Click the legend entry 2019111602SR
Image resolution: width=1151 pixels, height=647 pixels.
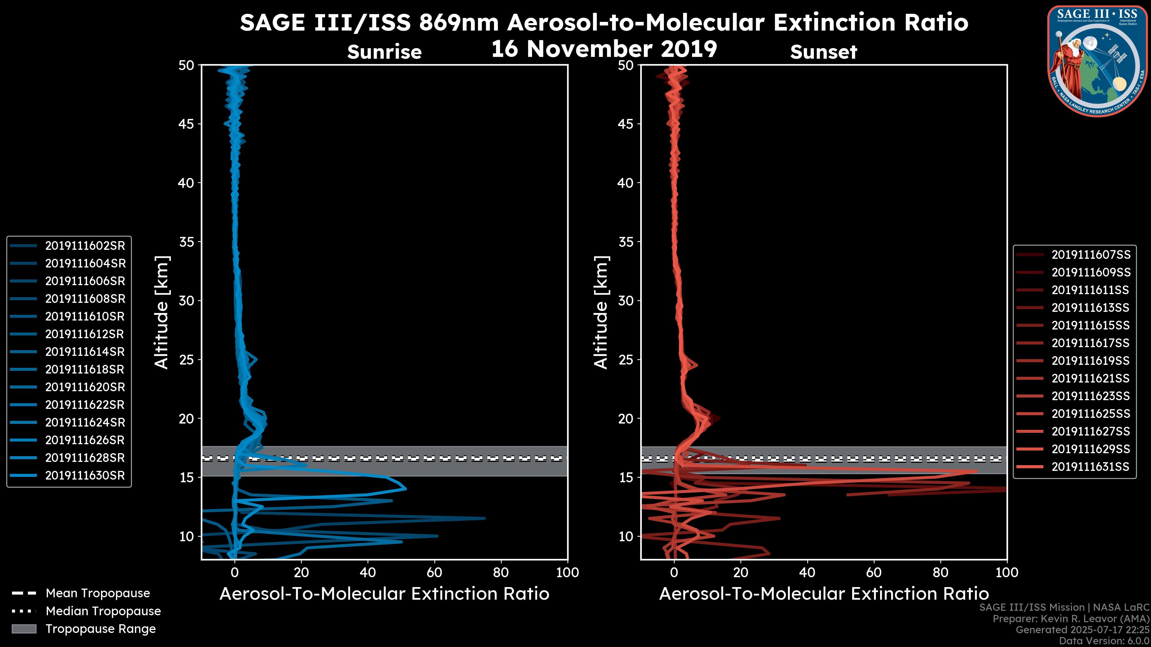(x=85, y=246)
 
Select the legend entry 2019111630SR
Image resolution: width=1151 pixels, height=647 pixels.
(x=85, y=476)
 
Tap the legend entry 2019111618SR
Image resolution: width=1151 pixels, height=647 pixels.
(x=85, y=370)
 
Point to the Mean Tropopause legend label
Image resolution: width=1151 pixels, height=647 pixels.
(x=98, y=593)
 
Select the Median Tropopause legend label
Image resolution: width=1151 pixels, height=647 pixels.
(x=103, y=611)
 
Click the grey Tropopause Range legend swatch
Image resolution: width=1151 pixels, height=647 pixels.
(x=24, y=629)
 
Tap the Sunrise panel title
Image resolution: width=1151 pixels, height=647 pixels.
(x=384, y=52)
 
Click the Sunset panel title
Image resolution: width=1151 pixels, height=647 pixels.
(x=823, y=52)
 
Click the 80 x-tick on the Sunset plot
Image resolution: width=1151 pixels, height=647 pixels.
(x=941, y=573)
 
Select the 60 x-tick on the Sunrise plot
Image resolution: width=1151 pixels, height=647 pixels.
(x=434, y=573)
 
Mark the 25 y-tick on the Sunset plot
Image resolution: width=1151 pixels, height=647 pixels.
(x=626, y=360)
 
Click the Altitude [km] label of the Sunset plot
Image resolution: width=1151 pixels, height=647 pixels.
(x=601, y=312)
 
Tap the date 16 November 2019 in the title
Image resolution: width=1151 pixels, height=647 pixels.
(x=604, y=49)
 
